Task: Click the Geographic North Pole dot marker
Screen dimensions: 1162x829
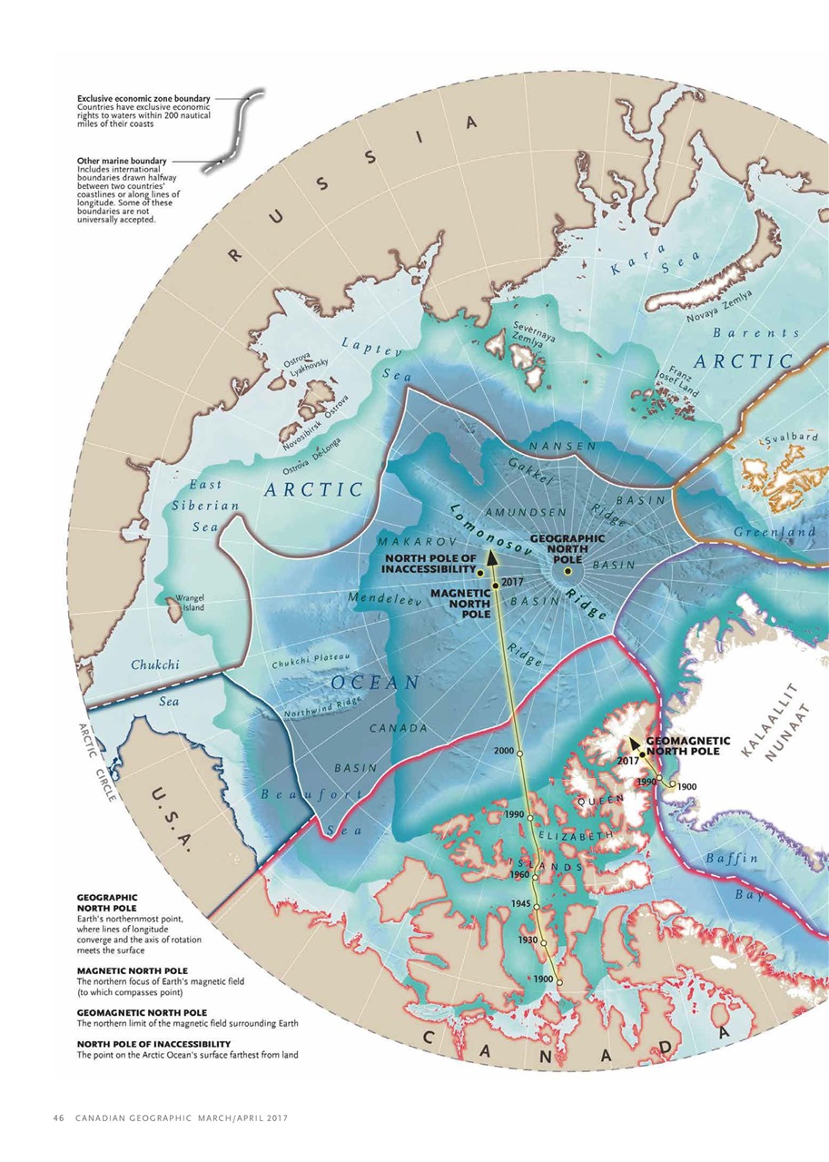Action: [567, 571]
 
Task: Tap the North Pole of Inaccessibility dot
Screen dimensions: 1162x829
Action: [479, 574]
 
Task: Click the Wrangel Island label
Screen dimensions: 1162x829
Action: [192, 603]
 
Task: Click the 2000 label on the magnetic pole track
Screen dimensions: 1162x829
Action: [506, 751]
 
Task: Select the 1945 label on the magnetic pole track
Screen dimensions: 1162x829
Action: [520, 904]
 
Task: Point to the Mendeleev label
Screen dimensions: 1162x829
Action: [381, 600]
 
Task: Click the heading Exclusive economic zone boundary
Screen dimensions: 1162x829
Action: [143, 98]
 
